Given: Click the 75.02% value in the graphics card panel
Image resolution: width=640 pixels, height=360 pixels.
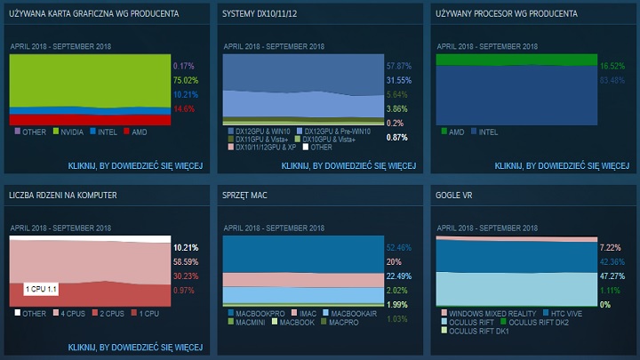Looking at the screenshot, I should point(184,79).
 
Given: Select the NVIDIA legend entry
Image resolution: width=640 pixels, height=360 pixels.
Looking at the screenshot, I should point(70,131).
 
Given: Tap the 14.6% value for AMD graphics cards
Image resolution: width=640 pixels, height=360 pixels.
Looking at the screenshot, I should point(183,108).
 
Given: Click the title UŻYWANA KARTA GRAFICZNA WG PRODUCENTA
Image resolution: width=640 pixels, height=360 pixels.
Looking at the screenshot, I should point(93,14).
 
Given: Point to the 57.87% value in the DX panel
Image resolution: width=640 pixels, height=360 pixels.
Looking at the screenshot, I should point(399,66).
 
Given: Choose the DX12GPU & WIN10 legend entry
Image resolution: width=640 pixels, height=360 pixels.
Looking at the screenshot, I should point(265,131).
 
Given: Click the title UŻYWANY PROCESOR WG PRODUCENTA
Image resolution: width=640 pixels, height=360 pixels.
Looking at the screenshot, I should point(507,14).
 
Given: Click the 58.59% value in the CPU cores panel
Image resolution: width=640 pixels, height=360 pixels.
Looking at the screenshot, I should point(185,262).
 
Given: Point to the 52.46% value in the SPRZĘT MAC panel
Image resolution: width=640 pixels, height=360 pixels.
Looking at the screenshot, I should point(399,248).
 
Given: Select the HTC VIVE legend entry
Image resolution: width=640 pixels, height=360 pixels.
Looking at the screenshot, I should point(568,313).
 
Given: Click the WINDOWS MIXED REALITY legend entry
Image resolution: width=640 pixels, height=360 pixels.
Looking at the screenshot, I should point(492,313).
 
